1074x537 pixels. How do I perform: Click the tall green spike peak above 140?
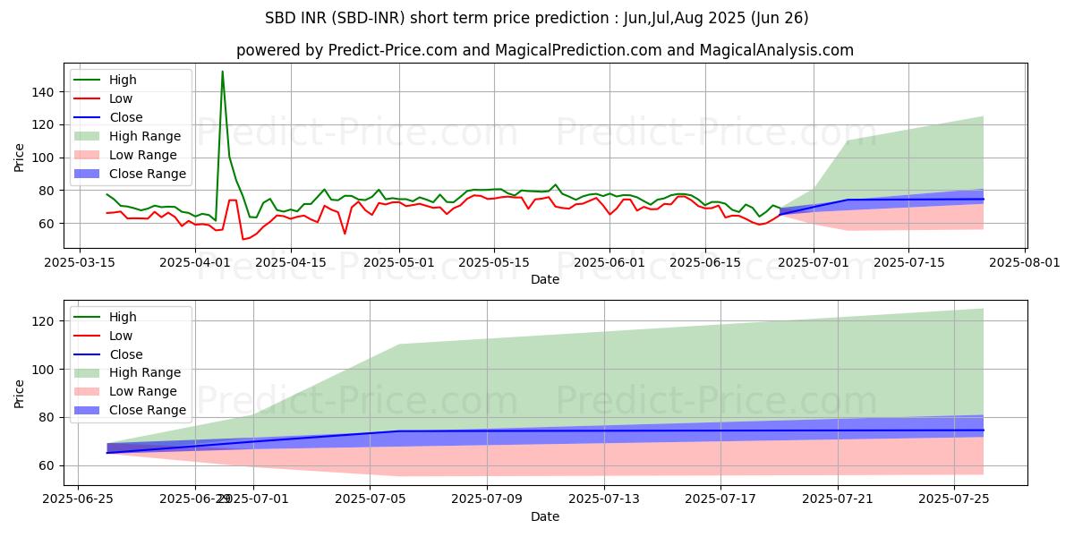(x=223, y=72)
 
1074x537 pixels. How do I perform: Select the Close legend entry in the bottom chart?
(x=125, y=354)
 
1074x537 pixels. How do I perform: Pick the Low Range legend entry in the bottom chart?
(x=142, y=392)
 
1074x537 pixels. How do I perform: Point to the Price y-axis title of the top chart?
(x=20, y=158)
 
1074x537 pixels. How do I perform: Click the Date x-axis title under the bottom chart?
(x=545, y=516)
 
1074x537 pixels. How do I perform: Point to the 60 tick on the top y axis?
(x=49, y=224)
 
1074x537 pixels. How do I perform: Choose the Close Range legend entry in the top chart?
(x=147, y=174)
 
